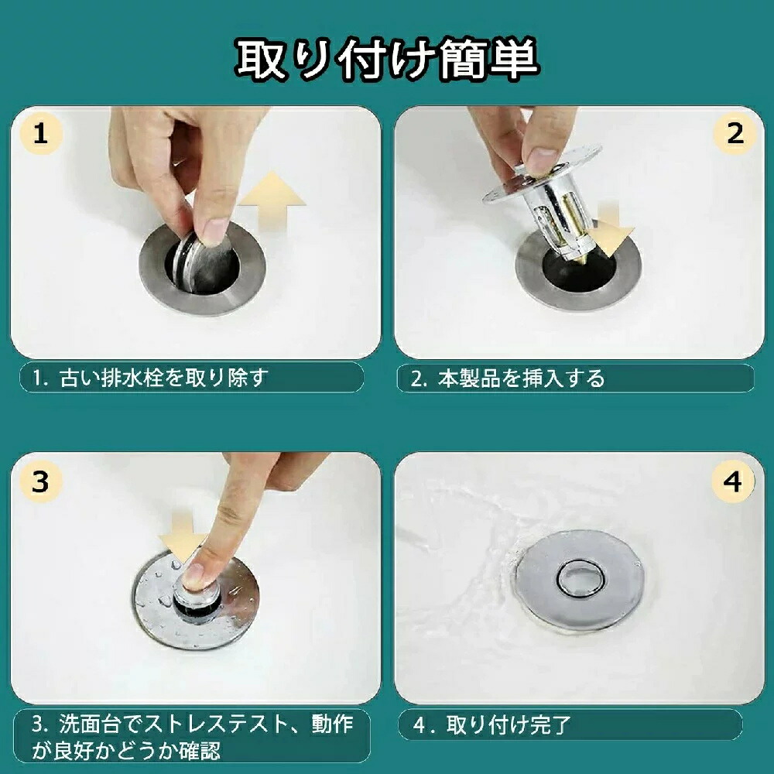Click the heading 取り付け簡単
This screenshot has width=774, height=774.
coord(387,60)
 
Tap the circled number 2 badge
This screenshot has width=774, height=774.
coord(734,133)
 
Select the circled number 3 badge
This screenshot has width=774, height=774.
coord(41,481)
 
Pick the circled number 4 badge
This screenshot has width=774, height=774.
coord(732,481)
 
